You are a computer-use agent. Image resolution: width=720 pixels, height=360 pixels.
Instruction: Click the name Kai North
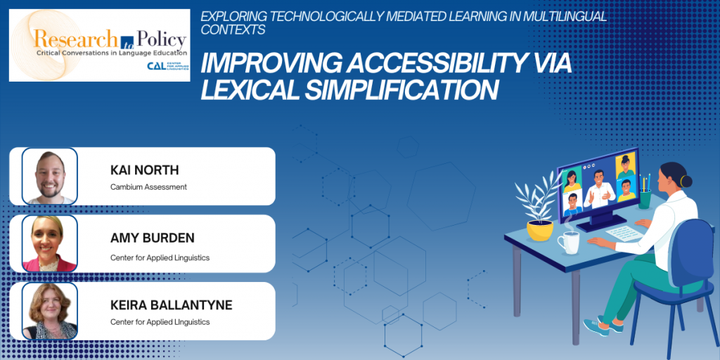tap(145, 170)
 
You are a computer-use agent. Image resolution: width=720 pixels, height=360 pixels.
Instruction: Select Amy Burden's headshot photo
tap(50, 243)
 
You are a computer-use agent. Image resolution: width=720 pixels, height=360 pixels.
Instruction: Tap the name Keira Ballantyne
tap(172, 305)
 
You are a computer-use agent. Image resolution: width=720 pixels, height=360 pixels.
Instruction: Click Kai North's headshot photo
tap(50, 176)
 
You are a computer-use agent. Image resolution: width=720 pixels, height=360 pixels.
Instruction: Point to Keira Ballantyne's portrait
tap(50, 311)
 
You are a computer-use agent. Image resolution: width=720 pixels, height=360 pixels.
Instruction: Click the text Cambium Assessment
tap(149, 187)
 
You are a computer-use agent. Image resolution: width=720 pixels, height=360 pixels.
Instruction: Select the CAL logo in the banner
tap(167, 65)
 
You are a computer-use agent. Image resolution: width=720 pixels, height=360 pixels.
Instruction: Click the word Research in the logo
tap(76, 39)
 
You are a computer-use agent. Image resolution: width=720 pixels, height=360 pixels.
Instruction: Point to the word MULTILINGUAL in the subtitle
tap(565, 17)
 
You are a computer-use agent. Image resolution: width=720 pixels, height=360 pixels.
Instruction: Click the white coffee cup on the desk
tap(568, 242)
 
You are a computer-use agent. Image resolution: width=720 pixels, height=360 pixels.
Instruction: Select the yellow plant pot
tap(539, 231)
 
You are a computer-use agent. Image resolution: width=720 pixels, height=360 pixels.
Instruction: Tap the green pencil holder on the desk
tap(645, 199)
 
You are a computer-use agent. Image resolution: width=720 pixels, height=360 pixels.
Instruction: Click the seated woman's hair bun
tap(686, 181)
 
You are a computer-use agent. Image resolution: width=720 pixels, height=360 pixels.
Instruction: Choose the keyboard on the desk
tap(624, 232)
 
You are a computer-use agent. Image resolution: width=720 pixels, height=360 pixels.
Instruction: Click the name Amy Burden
tap(153, 238)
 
